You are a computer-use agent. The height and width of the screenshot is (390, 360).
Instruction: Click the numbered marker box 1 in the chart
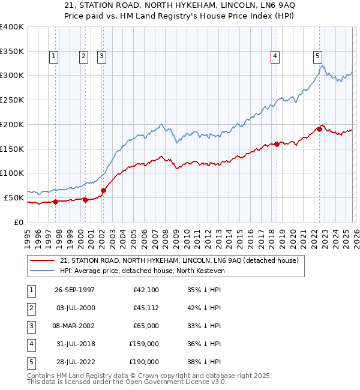pos(54,56)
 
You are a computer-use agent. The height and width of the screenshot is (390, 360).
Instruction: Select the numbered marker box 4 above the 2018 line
pos(275,56)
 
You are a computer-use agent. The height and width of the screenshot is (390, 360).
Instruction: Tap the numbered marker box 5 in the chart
pos(317,56)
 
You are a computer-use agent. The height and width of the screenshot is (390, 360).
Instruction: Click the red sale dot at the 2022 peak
pos(319,129)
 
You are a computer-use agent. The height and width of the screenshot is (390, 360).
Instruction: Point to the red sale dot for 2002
pos(103,190)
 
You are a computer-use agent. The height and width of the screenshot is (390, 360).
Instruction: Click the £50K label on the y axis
pos(14,197)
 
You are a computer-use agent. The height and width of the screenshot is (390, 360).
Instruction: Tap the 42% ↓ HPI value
pos(204,308)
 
